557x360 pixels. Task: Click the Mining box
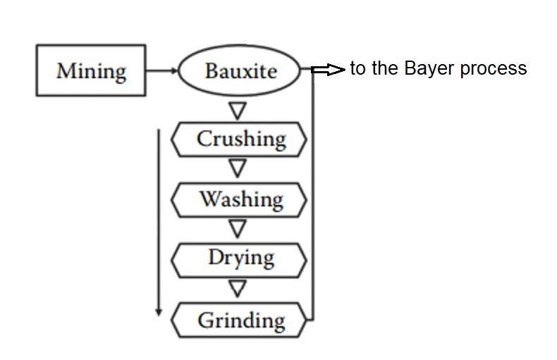tap(91, 70)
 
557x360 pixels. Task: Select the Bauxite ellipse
tap(240, 70)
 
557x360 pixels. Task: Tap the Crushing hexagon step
tap(240, 139)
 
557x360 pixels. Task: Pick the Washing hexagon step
tap(240, 199)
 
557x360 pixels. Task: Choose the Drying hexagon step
tap(240, 259)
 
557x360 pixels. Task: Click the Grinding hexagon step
tap(240, 321)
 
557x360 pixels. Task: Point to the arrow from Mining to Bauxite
tap(161, 70)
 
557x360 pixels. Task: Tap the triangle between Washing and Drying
tap(238, 228)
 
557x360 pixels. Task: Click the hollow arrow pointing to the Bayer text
tap(328, 69)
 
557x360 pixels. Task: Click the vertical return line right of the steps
tap(313, 197)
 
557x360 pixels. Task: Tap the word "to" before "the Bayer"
tap(357, 68)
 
